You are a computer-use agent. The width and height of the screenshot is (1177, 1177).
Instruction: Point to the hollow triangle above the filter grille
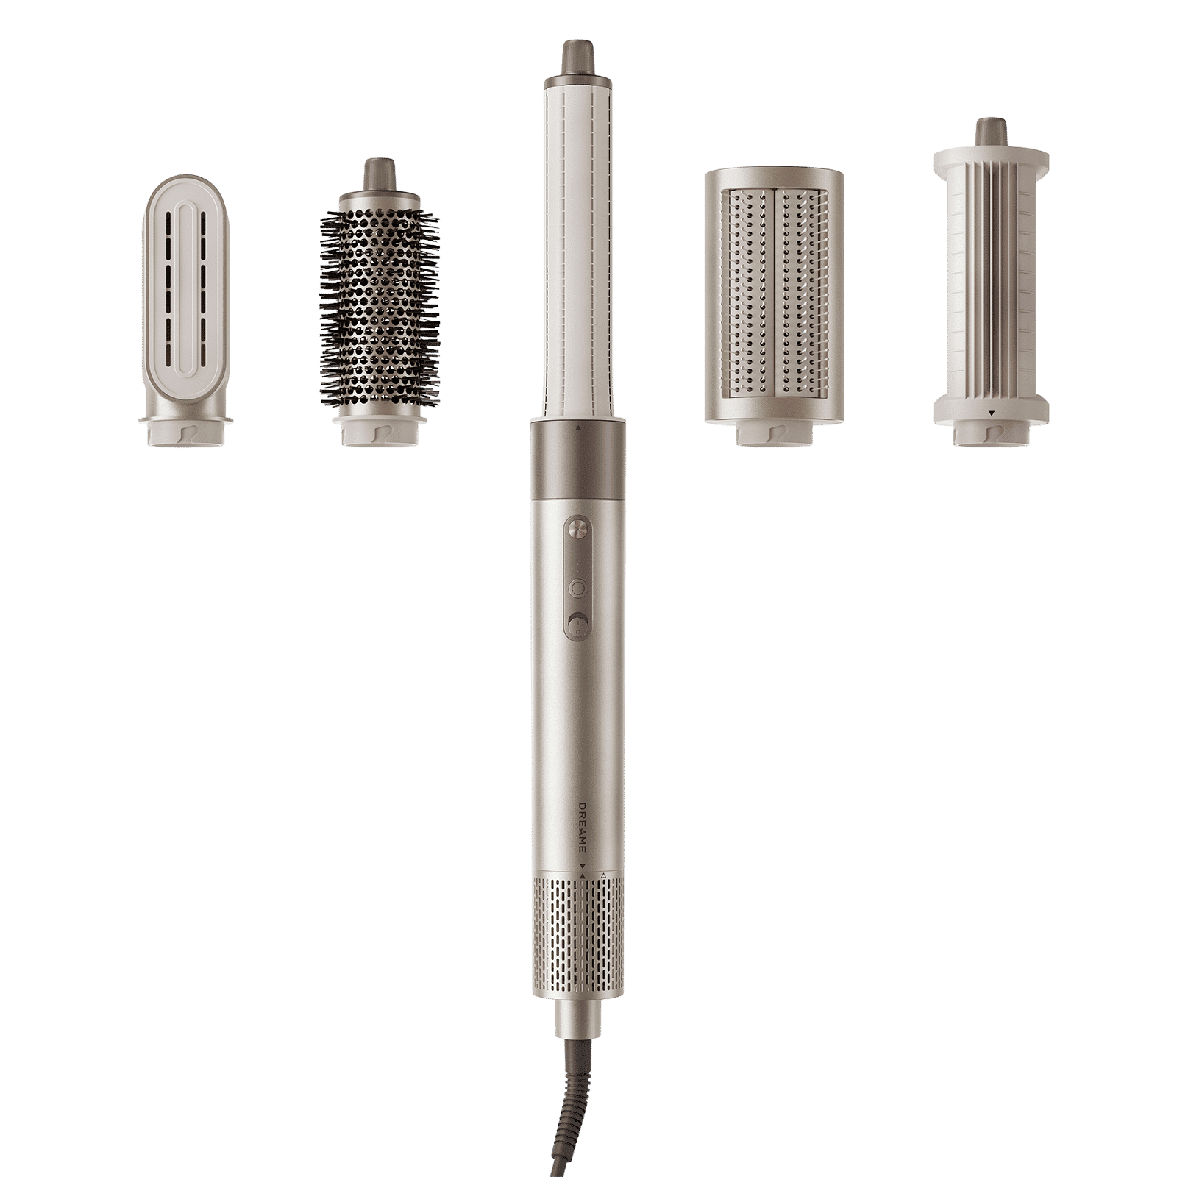(x=603, y=875)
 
